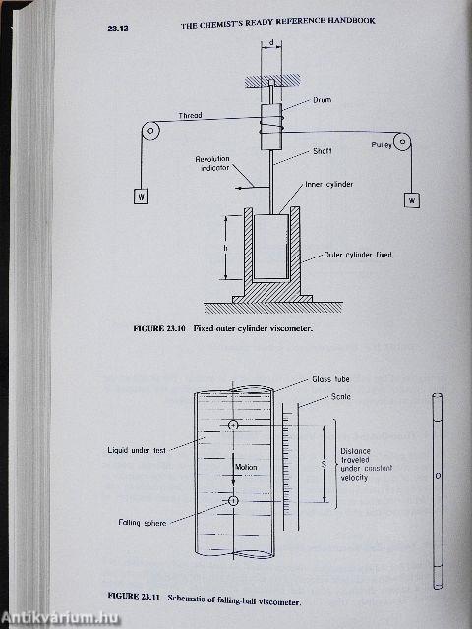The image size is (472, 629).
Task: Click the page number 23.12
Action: point(120,33)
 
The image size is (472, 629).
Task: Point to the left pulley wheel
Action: point(149,129)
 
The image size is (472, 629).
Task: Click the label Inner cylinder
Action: point(330,183)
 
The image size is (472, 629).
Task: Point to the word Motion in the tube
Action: point(246,467)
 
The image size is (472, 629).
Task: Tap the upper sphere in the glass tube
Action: point(232,425)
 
